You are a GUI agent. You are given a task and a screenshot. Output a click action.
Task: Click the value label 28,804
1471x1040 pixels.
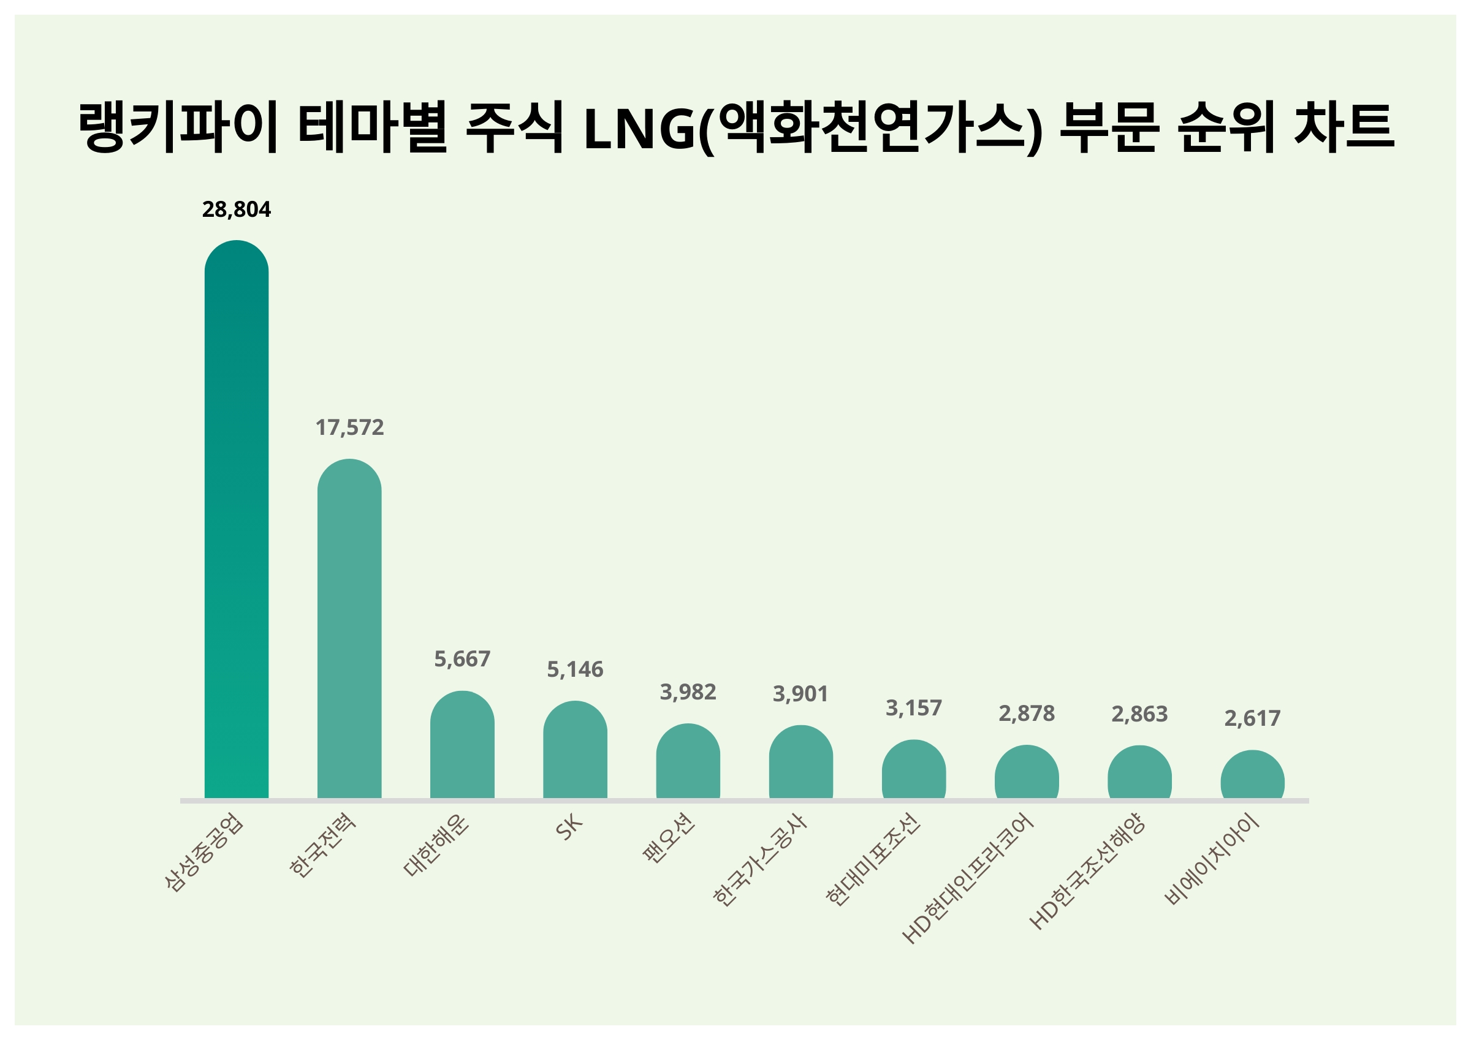click(237, 209)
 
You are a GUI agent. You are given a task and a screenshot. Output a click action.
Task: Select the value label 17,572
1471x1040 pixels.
click(349, 427)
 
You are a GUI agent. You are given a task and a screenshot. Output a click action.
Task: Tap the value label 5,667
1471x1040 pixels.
click(462, 659)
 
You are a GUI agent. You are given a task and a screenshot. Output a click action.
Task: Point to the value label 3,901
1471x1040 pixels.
click(801, 693)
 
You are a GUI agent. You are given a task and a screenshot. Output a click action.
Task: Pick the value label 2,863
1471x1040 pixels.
click(1139, 714)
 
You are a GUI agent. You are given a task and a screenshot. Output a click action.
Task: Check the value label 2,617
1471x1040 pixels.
click(1253, 718)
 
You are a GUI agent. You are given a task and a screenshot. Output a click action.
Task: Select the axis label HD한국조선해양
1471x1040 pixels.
click(1087, 871)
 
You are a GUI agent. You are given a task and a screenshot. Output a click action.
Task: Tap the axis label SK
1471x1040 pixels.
click(569, 827)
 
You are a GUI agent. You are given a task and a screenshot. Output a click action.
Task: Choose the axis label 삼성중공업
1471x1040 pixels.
click(204, 853)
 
